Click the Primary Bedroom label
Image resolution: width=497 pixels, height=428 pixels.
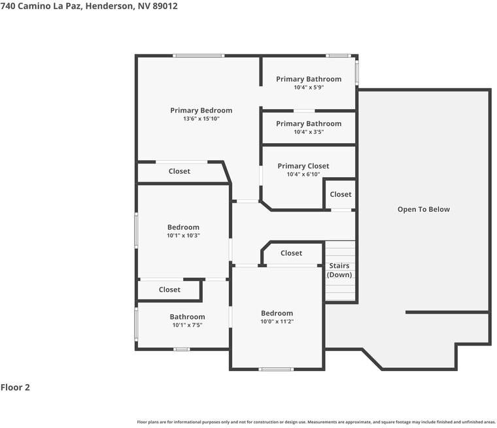pyautogui.click(x=201, y=110)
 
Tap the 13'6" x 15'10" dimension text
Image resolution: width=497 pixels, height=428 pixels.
pyautogui.click(x=201, y=119)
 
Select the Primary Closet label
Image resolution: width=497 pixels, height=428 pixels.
pyautogui.click(x=303, y=166)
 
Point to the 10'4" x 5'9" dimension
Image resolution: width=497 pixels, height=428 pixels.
pyautogui.click(x=309, y=88)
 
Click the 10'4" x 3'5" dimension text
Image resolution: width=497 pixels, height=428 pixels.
pyautogui.click(x=309, y=132)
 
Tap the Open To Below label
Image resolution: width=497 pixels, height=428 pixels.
pyautogui.click(x=424, y=209)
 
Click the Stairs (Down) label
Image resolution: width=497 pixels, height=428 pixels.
pyautogui.click(x=339, y=271)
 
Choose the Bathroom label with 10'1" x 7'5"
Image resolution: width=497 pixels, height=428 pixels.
pyautogui.click(x=187, y=317)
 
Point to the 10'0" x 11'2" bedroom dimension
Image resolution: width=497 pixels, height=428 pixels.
pyautogui.click(x=277, y=321)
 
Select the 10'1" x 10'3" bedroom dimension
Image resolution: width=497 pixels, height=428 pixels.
pyautogui.click(x=184, y=236)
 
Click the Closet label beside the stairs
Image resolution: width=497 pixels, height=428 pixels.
pyautogui.click(x=291, y=253)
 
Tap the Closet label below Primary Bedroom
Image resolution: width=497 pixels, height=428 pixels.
pyautogui.click(x=179, y=171)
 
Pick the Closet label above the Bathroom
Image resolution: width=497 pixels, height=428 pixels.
pyautogui.click(x=169, y=289)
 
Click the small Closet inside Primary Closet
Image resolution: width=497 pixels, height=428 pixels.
pyautogui.click(x=341, y=195)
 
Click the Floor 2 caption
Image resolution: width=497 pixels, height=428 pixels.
pyautogui.click(x=15, y=387)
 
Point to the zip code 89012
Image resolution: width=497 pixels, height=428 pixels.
pyautogui.click(x=165, y=6)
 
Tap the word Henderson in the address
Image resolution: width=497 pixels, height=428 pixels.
pyautogui.click(x=110, y=7)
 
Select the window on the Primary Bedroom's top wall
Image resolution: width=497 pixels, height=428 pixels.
pyautogui.click(x=199, y=56)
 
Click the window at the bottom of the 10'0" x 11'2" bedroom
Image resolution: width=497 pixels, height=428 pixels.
pyautogui.click(x=277, y=369)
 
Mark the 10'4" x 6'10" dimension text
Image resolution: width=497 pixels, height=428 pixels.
pyautogui.click(x=303, y=174)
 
